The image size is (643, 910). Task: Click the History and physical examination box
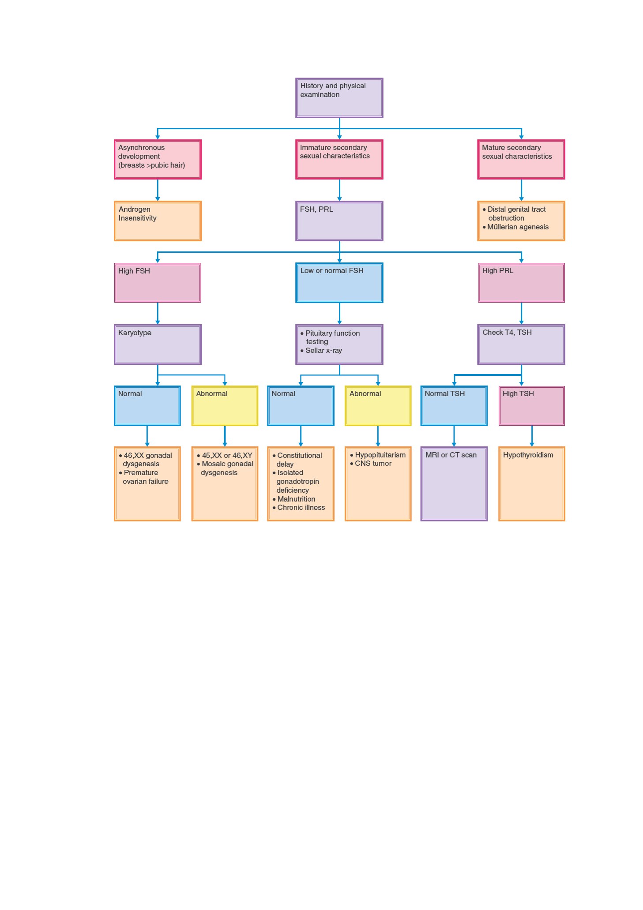[339, 98]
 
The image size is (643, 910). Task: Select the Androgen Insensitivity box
[158, 221]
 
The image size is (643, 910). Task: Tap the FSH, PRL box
[339, 221]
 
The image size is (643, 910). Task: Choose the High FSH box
[158, 283]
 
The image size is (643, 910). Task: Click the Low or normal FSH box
[339, 283]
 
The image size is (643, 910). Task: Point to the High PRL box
[521, 283]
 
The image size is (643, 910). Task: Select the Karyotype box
[158, 345]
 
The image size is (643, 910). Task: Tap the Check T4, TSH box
[521, 345]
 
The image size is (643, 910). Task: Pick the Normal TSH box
[454, 406]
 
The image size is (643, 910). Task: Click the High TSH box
[532, 406]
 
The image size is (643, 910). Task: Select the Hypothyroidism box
[532, 484]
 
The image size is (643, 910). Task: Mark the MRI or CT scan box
[454, 484]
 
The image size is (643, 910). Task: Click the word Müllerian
[502, 227]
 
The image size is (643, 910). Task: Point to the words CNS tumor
[373, 463]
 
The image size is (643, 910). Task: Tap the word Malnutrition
[296, 499]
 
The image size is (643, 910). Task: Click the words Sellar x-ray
[323, 350]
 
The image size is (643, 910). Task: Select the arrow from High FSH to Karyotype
[158, 314]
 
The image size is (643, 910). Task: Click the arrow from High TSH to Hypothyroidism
[532, 436]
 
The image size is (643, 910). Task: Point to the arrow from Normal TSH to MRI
[454, 436]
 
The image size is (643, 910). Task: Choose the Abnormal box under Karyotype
[225, 406]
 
